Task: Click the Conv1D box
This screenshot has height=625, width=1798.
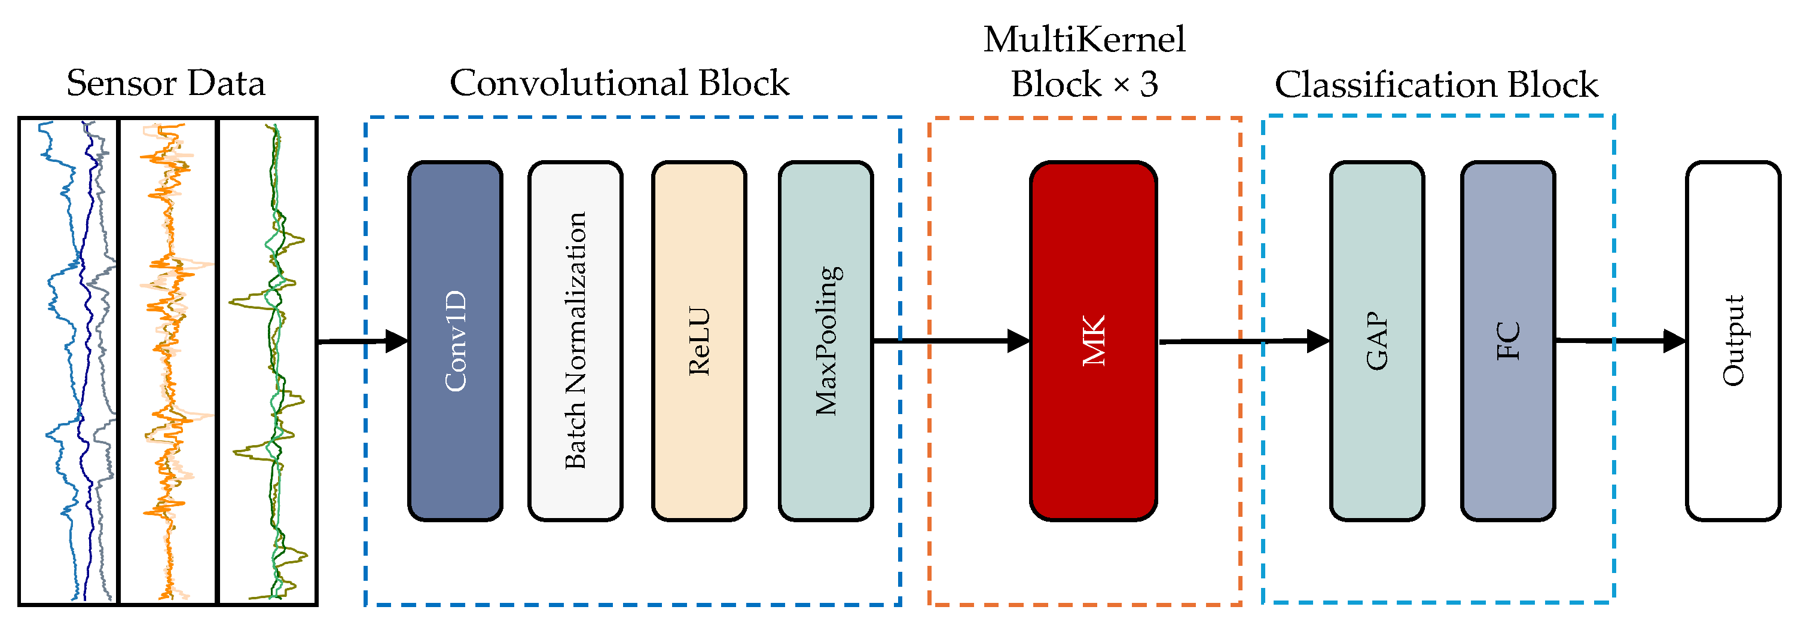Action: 455,341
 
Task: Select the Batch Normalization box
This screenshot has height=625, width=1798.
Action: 575,341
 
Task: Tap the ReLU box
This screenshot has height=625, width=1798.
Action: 698,341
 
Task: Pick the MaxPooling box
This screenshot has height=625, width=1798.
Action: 826,341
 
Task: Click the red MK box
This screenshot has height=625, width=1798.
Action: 1093,341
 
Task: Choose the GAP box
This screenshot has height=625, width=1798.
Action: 1376,341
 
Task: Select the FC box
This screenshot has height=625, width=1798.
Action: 1507,341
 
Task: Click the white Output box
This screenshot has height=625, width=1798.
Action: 1733,341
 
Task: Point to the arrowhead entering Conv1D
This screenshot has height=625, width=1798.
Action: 396,341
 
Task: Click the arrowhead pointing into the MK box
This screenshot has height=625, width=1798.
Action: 1019,341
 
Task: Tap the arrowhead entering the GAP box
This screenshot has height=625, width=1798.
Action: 1318,341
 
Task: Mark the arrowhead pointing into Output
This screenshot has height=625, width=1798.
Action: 1675,341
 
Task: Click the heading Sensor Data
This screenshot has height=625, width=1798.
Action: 166,84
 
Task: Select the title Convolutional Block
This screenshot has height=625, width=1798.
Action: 619,84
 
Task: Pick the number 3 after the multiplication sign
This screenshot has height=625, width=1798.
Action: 1149,85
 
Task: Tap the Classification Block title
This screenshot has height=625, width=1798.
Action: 1436,85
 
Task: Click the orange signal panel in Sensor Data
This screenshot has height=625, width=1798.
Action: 167,361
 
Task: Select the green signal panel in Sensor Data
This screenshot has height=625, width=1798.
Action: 268,361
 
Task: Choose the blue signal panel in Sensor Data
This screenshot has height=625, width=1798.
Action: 68,361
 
